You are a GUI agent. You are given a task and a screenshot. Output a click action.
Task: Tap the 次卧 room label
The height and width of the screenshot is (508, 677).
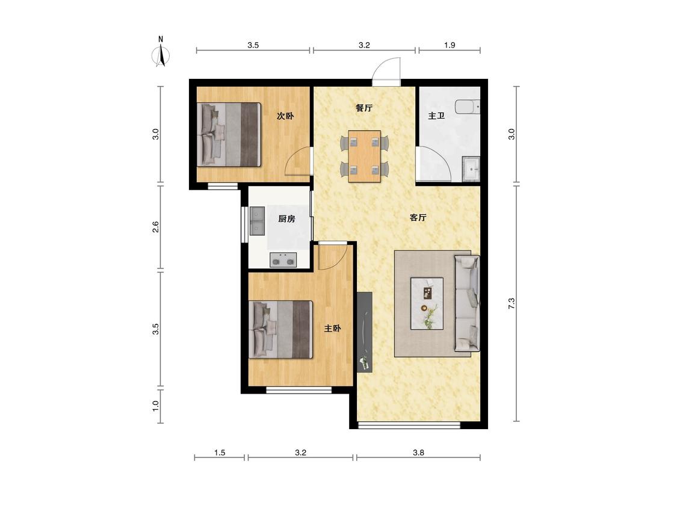click(x=285, y=116)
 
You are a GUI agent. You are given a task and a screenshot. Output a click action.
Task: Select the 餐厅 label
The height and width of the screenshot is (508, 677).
click(x=364, y=108)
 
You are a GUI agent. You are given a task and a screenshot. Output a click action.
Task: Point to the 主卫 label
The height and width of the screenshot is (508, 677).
click(x=436, y=116)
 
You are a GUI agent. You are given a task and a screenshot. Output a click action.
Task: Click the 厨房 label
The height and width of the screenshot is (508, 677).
click(x=286, y=218)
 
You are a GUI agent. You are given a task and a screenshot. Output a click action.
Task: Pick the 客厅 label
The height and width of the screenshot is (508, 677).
click(x=418, y=217)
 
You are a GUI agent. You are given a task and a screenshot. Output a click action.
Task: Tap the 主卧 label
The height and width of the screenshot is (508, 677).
click(x=333, y=328)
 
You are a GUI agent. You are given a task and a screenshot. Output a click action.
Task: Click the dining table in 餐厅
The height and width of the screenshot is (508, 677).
click(x=365, y=156)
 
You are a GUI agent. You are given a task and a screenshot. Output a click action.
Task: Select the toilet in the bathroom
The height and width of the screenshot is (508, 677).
click(x=468, y=107)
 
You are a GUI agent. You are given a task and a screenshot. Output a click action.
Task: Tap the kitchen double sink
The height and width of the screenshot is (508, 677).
click(x=258, y=221)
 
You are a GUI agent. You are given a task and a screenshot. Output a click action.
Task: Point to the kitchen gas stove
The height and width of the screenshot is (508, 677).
click(x=283, y=260)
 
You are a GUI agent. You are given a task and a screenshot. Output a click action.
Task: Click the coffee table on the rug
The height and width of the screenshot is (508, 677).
click(x=427, y=304)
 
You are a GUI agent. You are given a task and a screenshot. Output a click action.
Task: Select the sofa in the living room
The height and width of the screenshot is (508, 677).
click(x=467, y=303)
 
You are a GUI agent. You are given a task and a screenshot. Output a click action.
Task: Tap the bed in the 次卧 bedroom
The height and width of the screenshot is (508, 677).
click(x=229, y=134)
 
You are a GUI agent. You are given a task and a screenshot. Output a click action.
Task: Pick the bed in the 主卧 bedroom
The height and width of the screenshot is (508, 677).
click(x=280, y=330)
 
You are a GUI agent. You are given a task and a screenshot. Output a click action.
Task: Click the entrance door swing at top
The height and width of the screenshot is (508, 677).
click(x=387, y=70)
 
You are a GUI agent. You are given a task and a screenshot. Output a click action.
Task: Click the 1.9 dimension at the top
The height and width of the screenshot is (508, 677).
click(x=450, y=45)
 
